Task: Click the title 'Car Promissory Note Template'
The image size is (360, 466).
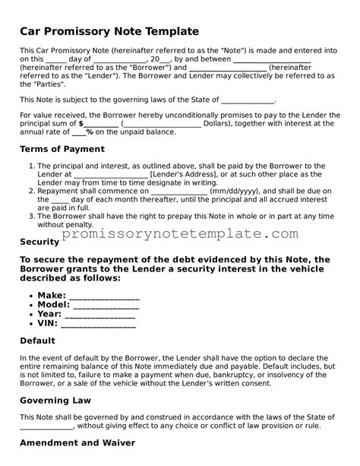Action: coord(109,31)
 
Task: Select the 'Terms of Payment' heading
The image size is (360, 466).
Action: coord(64,148)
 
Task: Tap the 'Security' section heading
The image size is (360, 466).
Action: coord(39,242)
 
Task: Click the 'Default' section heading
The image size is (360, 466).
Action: coord(39,341)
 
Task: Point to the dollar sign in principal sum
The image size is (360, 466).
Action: coord(81,122)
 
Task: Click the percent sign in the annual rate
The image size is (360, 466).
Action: coord(89,132)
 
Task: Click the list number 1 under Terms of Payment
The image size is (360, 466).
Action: coord(31,165)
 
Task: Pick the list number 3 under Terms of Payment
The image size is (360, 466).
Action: coord(31,215)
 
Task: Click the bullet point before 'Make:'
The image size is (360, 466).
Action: coord(29,296)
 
